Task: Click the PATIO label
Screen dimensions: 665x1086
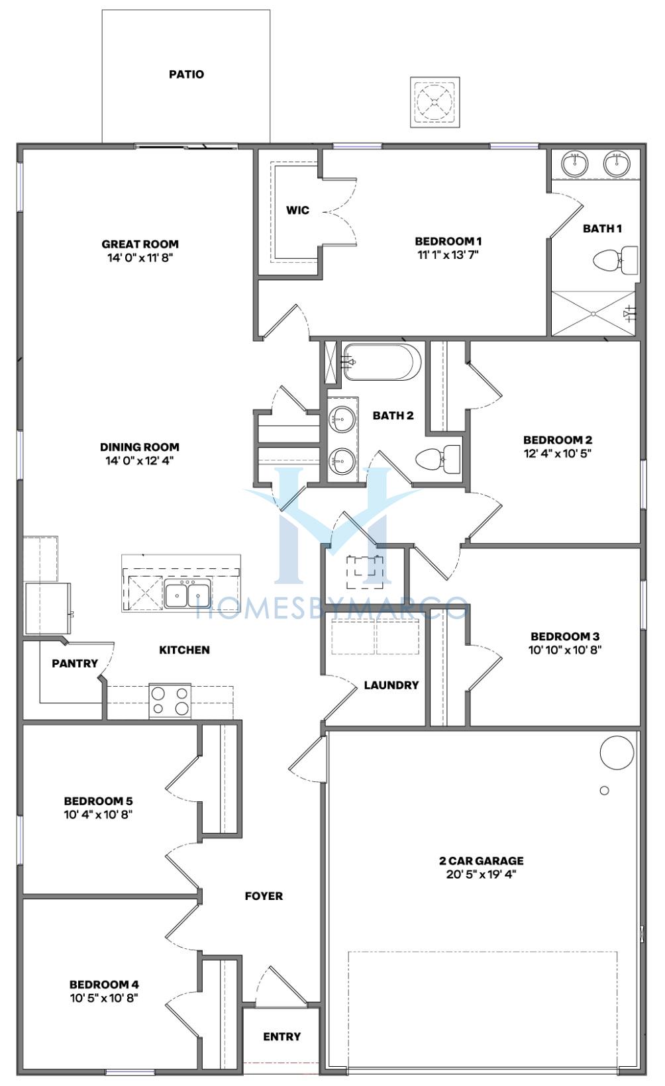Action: [x=186, y=74]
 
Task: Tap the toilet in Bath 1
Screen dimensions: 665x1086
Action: [x=615, y=260]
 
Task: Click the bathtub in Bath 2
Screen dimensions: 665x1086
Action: [x=382, y=362]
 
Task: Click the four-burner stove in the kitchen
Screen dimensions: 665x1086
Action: [x=170, y=701]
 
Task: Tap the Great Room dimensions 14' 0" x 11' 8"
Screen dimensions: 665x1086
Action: [x=140, y=258]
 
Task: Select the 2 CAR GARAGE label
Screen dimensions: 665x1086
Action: [x=481, y=861]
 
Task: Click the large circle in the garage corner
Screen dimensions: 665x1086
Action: [x=617, y=752]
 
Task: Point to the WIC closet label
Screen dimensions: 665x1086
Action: [x=297, y=210]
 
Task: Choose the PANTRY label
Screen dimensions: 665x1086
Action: [x=75, y=664]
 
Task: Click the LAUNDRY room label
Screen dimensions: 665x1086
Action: [x=391, y=685]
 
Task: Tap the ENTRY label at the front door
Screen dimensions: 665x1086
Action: [x=281, y=1036]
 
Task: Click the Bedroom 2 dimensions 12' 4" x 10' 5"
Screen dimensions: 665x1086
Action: [x=557, y=454]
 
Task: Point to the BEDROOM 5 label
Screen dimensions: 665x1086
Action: [x=98, y=801]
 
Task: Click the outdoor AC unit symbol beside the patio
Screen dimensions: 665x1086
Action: [x=435, y=102]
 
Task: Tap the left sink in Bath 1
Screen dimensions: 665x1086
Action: [x=575, y=163]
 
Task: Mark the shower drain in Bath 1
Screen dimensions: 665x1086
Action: [x=593, y=314]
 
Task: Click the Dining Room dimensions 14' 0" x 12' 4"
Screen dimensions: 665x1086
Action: [x=140, y=460]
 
